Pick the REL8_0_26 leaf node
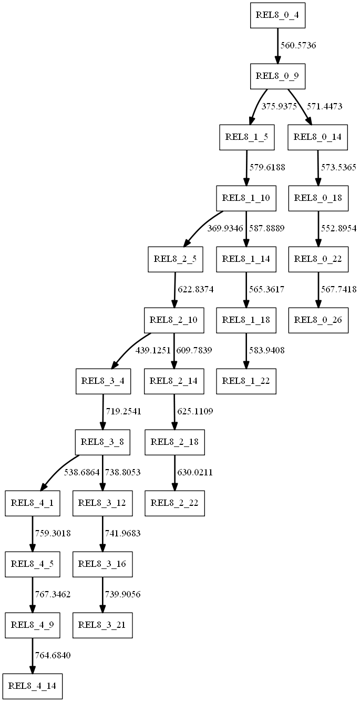pos(318,320)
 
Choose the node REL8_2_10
pos(174,320)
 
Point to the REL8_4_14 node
pos(33,687)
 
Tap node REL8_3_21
pos(102,625)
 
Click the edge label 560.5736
pos(298,45)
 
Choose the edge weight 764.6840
pos(53,656)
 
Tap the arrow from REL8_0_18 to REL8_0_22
pos(317,228)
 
